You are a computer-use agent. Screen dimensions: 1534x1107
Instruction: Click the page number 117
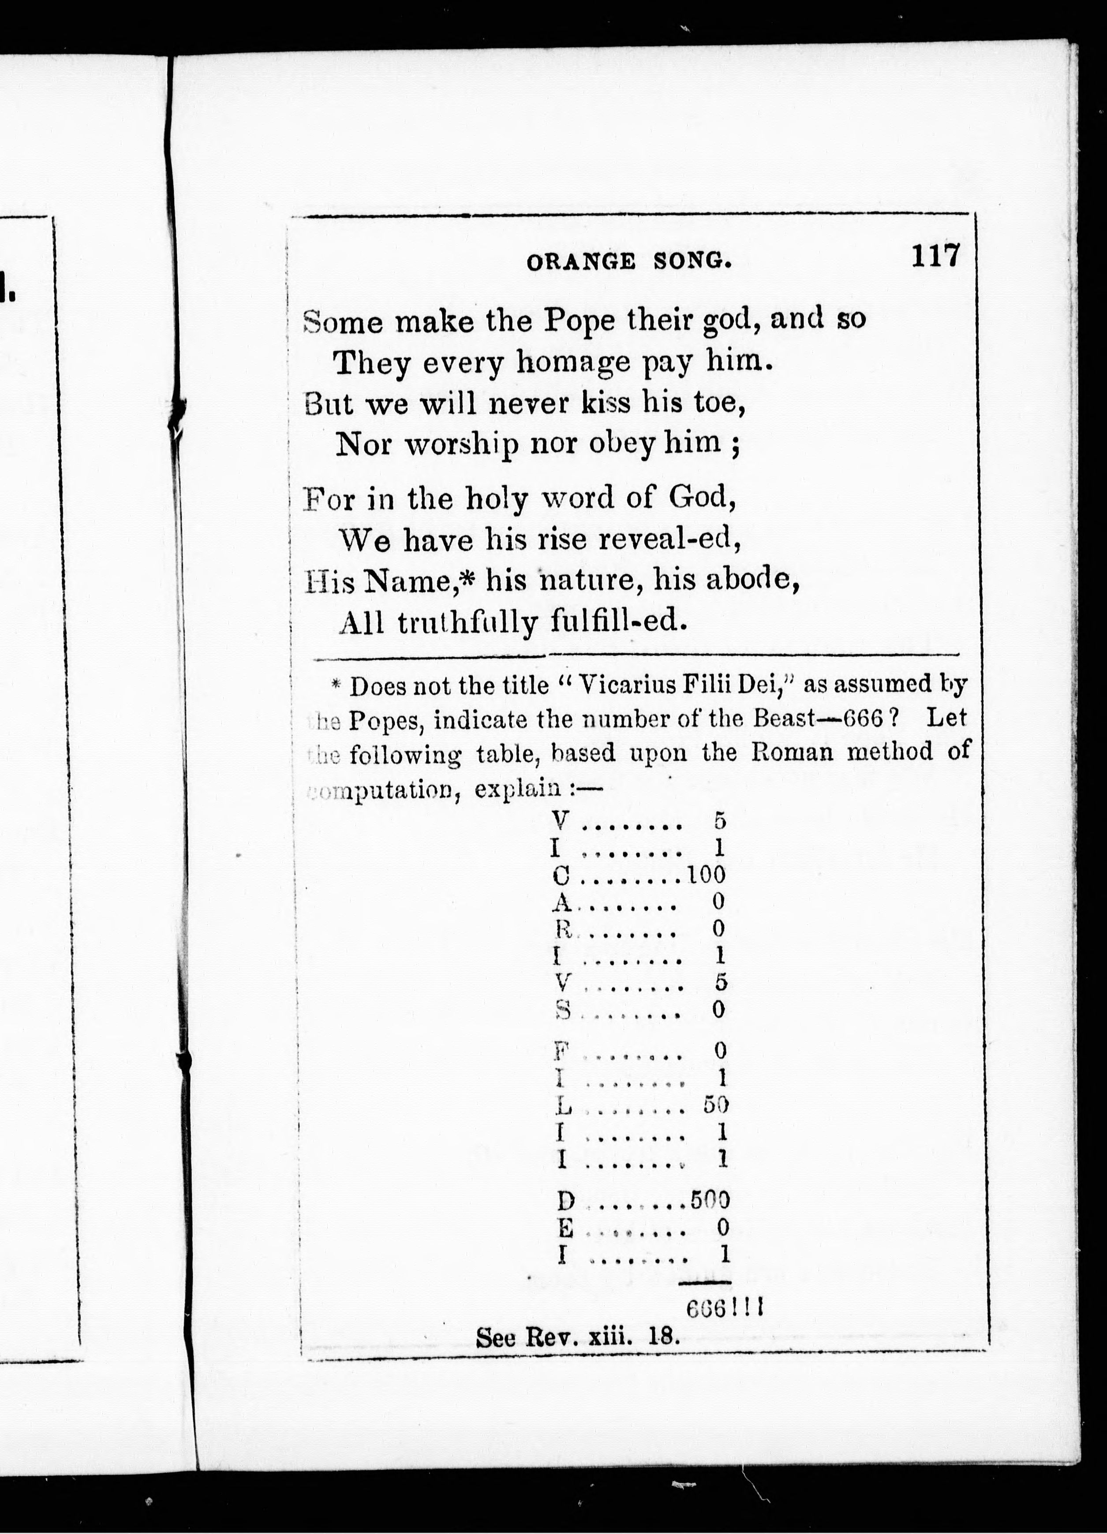click(x=935, y=257)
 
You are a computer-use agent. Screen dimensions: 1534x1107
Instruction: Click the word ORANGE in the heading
click(x=580, y=262)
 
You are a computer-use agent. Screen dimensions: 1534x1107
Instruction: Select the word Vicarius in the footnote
click(x=626, y=686)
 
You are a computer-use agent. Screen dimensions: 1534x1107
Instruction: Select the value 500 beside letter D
click(x=710, y=1200)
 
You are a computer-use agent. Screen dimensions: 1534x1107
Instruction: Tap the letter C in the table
click(x=561, y=876)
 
